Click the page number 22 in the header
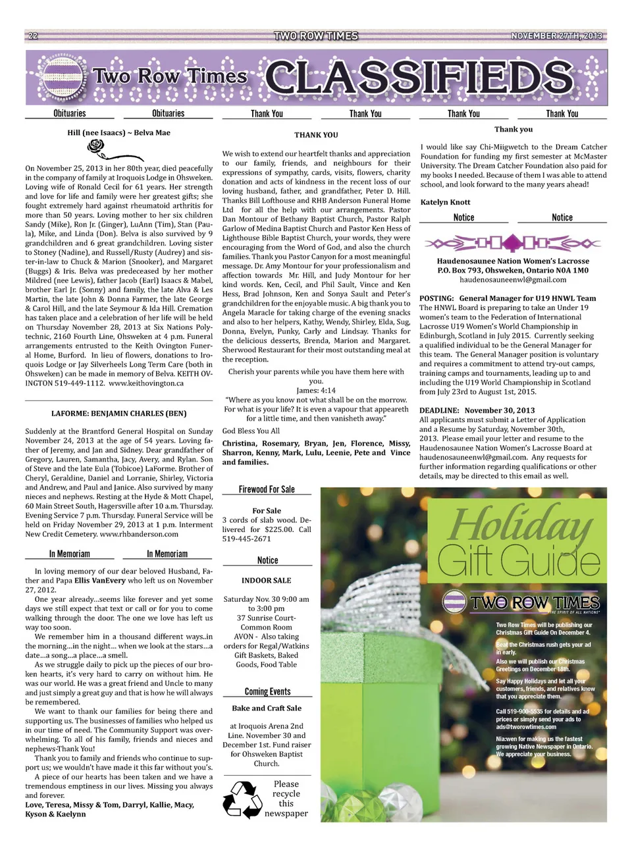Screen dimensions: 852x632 (33, 36)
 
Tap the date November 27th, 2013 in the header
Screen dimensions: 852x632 (556, 36)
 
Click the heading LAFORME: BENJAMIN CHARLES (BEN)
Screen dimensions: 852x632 (118, 413)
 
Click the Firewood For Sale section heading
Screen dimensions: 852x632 (267, 489)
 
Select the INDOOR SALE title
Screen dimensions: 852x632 (266, 581)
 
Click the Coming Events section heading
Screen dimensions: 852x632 (267, 691)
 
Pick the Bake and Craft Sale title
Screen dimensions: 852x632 (267, 708)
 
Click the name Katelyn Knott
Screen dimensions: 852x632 (445, 202)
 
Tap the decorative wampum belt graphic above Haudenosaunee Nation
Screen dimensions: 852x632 (513, 244)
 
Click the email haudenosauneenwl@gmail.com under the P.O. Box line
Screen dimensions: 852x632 (513, 280)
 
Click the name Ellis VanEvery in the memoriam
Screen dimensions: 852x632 (99, 581)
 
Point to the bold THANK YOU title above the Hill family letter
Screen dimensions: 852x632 (316, 135)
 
